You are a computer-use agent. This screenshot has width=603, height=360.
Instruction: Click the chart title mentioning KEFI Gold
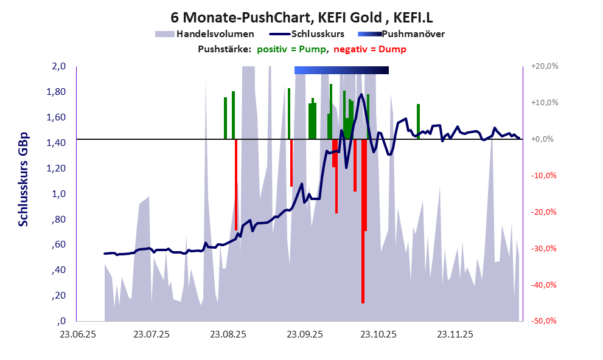pyautogui.click(x=301, y=16)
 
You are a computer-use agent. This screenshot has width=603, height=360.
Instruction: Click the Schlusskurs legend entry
pyautogui.click(x=318, y=34)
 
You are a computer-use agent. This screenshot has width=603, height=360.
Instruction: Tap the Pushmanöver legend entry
pyautogui.click(x=413, y=34)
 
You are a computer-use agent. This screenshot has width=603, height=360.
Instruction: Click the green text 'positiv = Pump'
pyautogui.click(x=292, y=49)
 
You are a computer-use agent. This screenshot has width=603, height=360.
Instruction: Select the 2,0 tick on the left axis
pyautogui.click(x=58, y=66)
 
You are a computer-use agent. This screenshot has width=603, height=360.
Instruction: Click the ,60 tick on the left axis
pyautogui.click(x=58, y=244)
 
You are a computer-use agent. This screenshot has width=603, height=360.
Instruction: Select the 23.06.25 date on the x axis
pyautogui.click(x=76, y=334)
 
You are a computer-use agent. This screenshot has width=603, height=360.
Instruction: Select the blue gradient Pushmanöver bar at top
pyautogui.click(x=341, y=71)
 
